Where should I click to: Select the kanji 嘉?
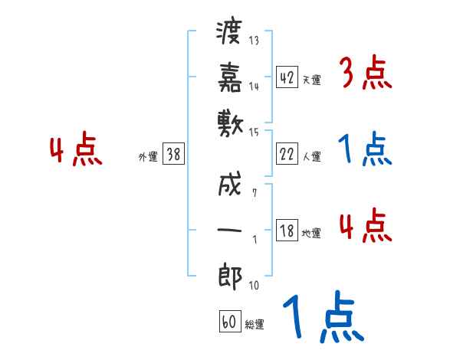[x=230, y=79]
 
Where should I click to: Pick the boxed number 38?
[x=173, y=155]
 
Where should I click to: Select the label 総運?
[x=255, y=325]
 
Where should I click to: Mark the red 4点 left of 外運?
[x=76, y=150]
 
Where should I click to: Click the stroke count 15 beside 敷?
[x=255, y=133]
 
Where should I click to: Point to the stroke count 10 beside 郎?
[x=254, y=286]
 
